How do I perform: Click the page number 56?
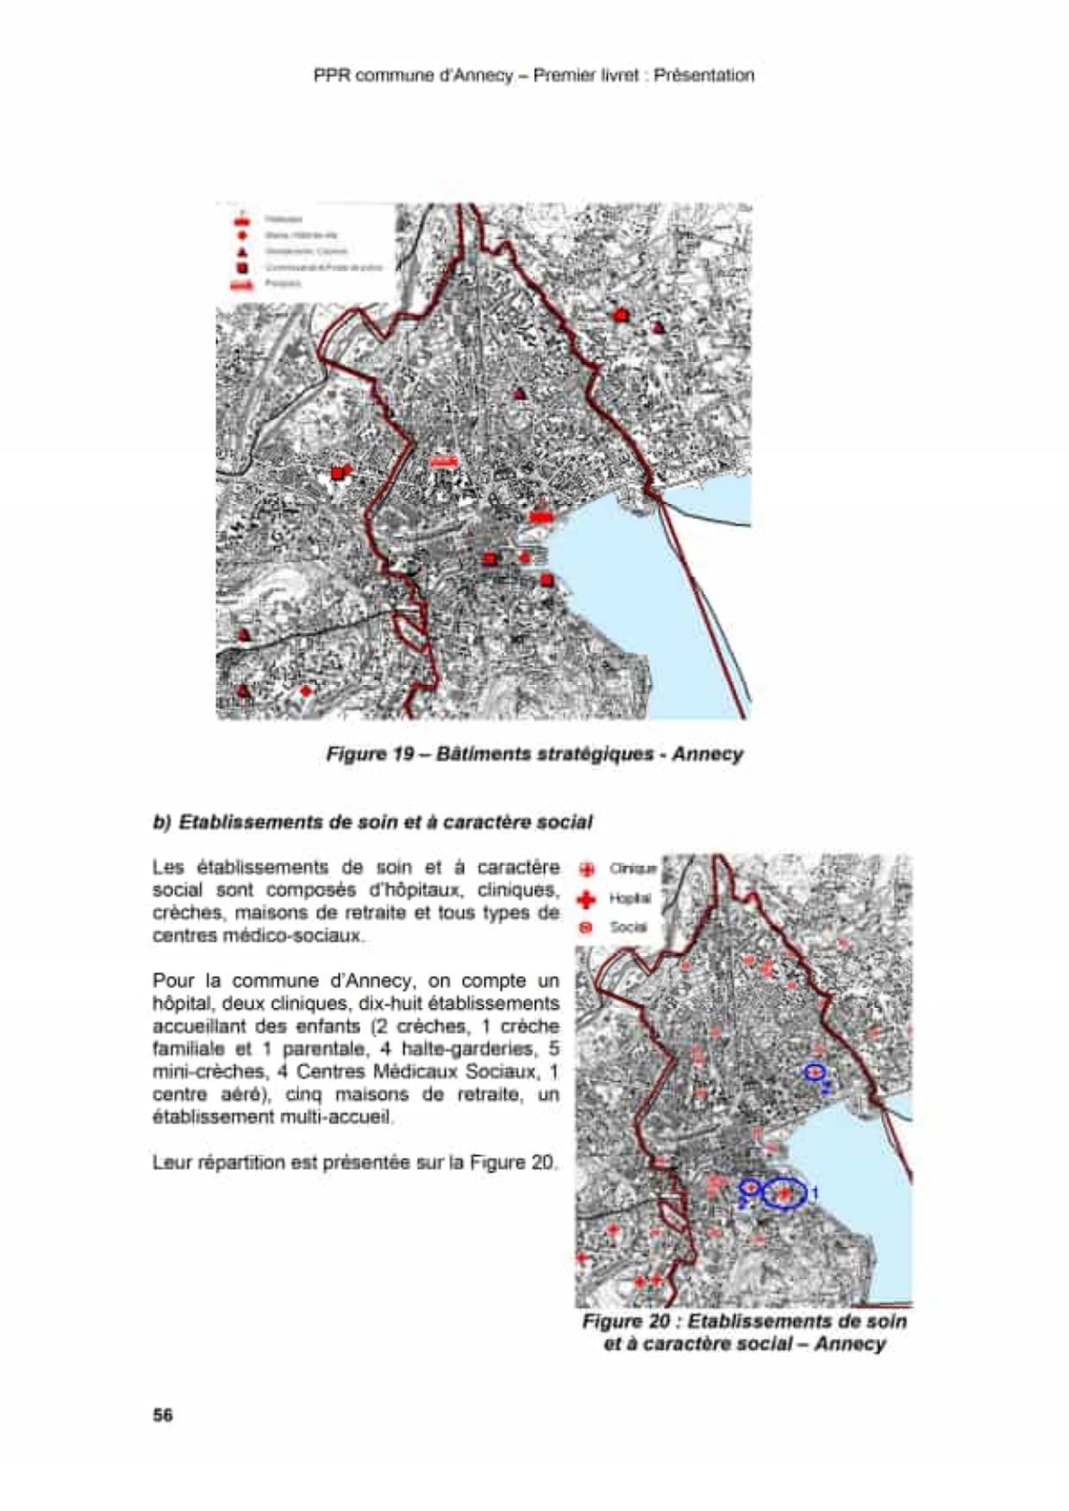(x=163, y=1415)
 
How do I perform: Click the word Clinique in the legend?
(x=633, y=868)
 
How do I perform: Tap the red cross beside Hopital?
(x=587, y=899)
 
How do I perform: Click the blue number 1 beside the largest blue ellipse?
(x=814, y=1193)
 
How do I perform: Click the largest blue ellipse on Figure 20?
(x=784, y=1194)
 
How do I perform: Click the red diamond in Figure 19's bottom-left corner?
(x=305, y=691)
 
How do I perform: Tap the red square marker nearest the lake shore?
(x=546, y=580)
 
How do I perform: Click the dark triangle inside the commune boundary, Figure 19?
(x=519, y=394)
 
